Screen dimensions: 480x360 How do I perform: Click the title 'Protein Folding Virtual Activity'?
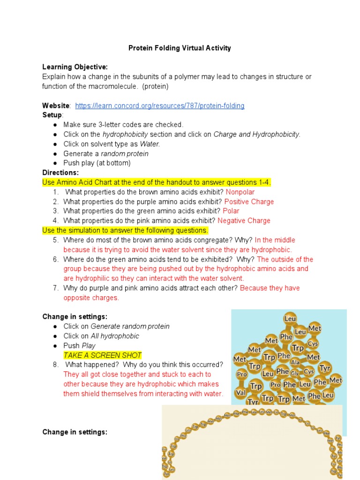180,48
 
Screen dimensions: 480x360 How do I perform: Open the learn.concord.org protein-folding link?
159,106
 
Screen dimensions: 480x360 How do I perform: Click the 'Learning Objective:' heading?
75,67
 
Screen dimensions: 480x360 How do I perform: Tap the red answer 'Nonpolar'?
240,192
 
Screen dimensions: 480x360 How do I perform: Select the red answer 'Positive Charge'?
249,202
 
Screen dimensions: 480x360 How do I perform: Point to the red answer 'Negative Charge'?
244,221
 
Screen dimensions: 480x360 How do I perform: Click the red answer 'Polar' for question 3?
231,211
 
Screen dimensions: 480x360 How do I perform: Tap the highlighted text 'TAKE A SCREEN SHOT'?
102,355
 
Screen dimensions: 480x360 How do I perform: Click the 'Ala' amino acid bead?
295,362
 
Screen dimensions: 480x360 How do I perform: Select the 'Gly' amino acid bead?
295,373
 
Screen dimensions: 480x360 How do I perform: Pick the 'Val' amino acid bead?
240,393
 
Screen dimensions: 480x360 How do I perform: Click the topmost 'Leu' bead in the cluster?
290,319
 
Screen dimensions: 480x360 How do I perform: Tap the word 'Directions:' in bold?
60,173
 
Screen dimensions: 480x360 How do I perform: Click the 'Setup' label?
52,115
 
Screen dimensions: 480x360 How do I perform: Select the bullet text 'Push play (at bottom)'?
97,163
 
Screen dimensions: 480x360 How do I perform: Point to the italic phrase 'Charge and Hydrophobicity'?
256,135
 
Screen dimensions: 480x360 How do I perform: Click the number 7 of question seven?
55,288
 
